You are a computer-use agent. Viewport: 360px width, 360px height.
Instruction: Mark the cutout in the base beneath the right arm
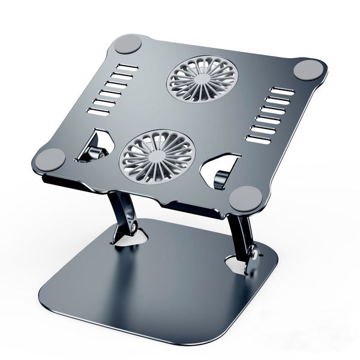coord(238,264)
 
